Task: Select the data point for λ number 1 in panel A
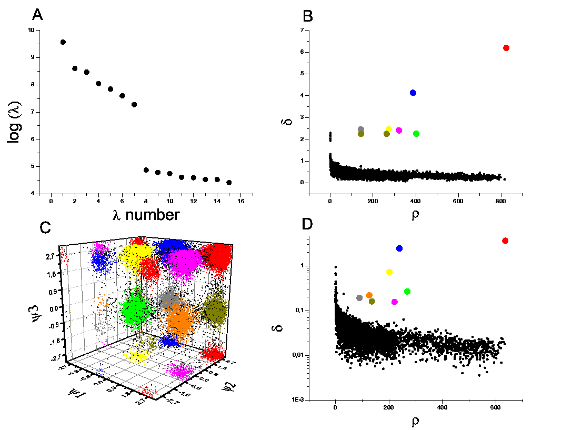(63, 42)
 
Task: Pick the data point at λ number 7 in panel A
(134, 105)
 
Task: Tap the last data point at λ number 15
(229, 183)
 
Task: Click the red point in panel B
(506, 48)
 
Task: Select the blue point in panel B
(413, 93)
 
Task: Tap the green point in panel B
(416, 134)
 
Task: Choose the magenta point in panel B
(399, 131)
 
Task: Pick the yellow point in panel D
(389, 272)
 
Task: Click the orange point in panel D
(369, 295)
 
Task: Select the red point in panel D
(506, 241)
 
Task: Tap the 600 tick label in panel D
(495, 407)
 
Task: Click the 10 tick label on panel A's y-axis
(31, 30)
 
